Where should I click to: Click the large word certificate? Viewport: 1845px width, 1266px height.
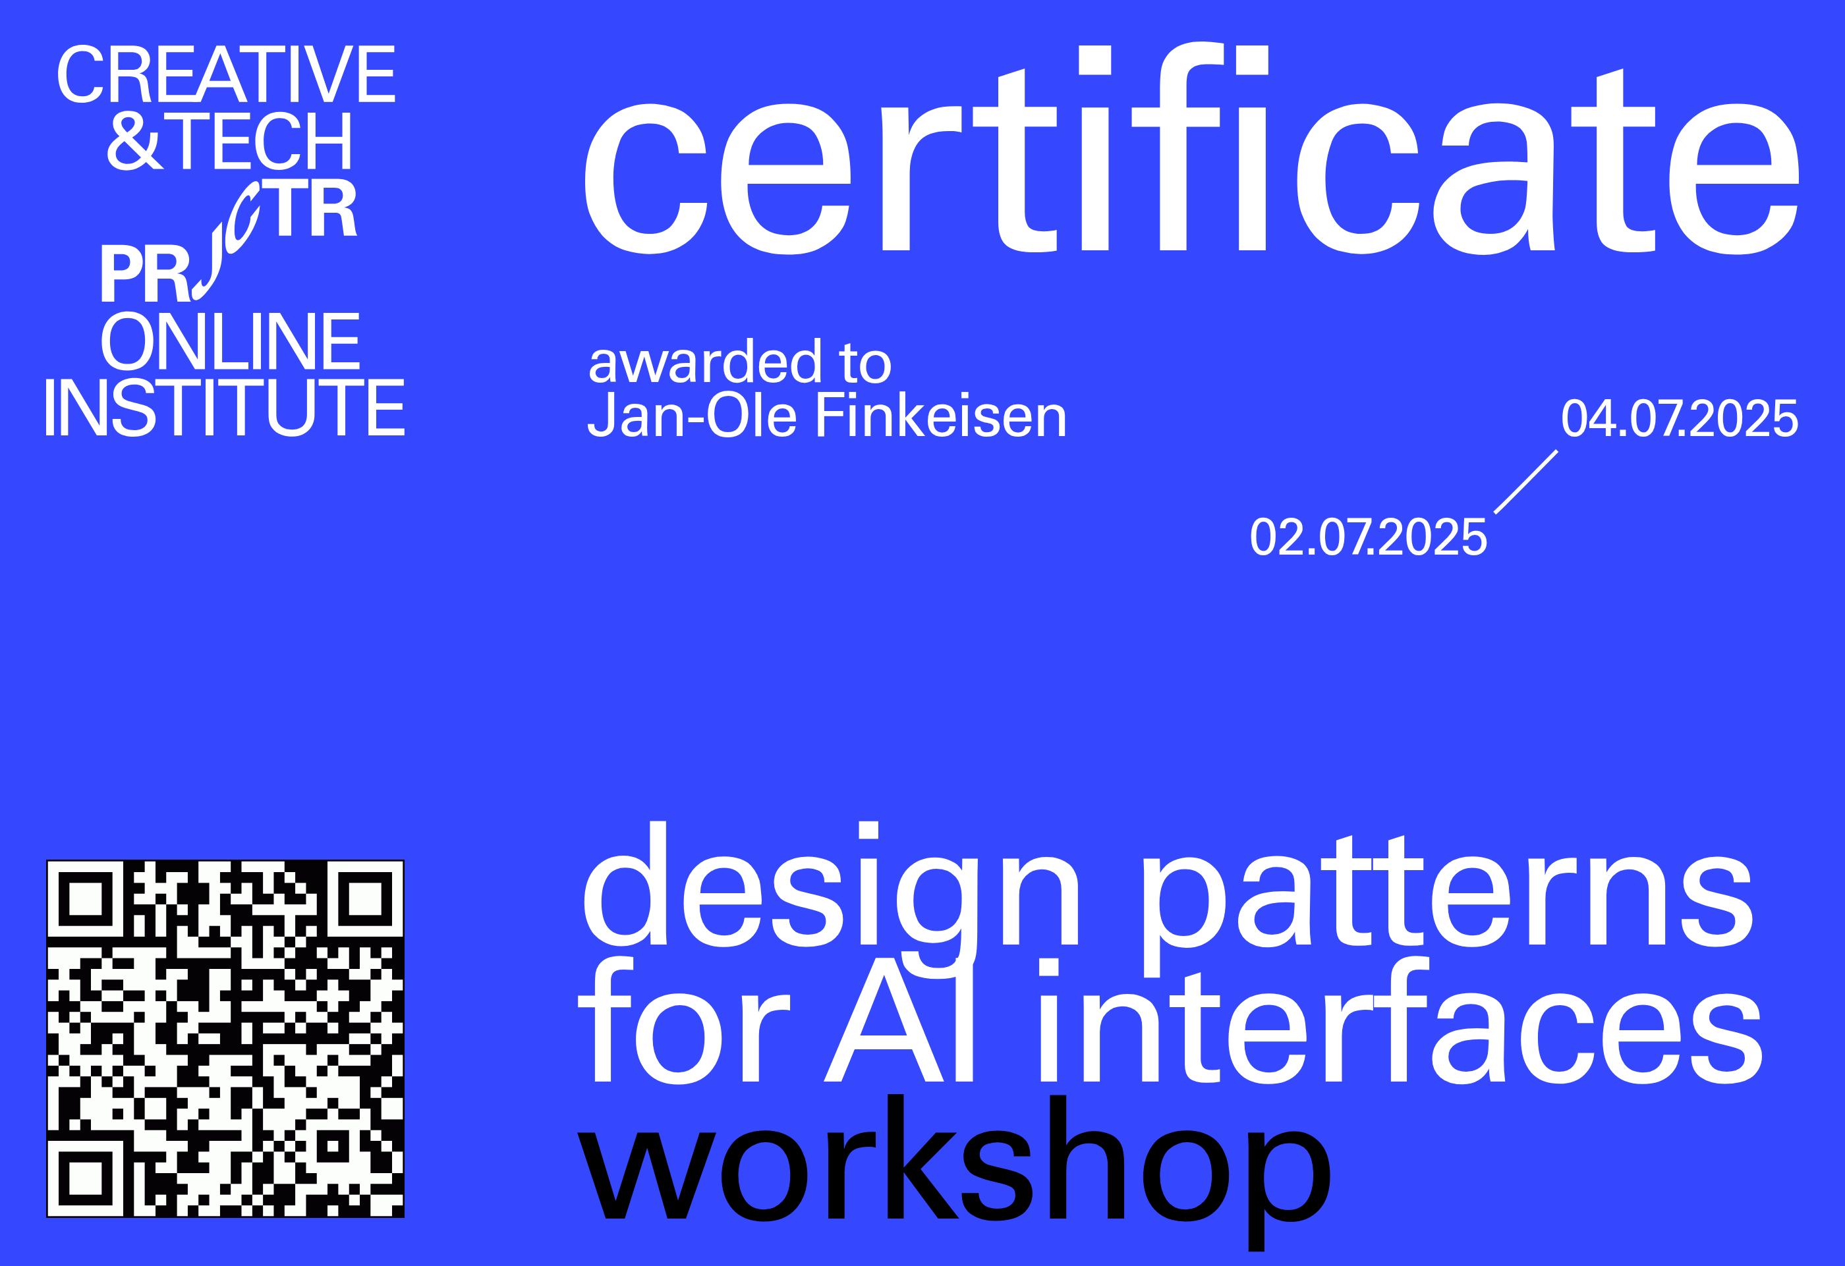[1191, 148]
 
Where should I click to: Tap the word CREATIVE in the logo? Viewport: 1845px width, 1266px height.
[226, 74]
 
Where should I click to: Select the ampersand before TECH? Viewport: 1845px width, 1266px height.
[135, 140]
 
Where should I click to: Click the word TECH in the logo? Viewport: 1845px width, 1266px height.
[260, 140]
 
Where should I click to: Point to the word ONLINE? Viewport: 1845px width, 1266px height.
[230, 341]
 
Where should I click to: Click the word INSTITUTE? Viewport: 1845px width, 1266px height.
[225, 407]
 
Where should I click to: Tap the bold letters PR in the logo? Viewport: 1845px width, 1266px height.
[145, 273]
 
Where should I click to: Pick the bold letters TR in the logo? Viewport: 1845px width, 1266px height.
[310, 208]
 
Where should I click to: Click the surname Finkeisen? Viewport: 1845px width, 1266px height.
[941, 415]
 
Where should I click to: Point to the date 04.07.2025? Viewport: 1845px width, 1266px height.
[1680, 418]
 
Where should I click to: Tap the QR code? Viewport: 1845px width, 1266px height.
[225, 1038]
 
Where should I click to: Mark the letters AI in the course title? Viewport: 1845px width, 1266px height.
[899, 1020]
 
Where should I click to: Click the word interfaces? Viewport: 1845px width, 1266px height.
[1400, 1020]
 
